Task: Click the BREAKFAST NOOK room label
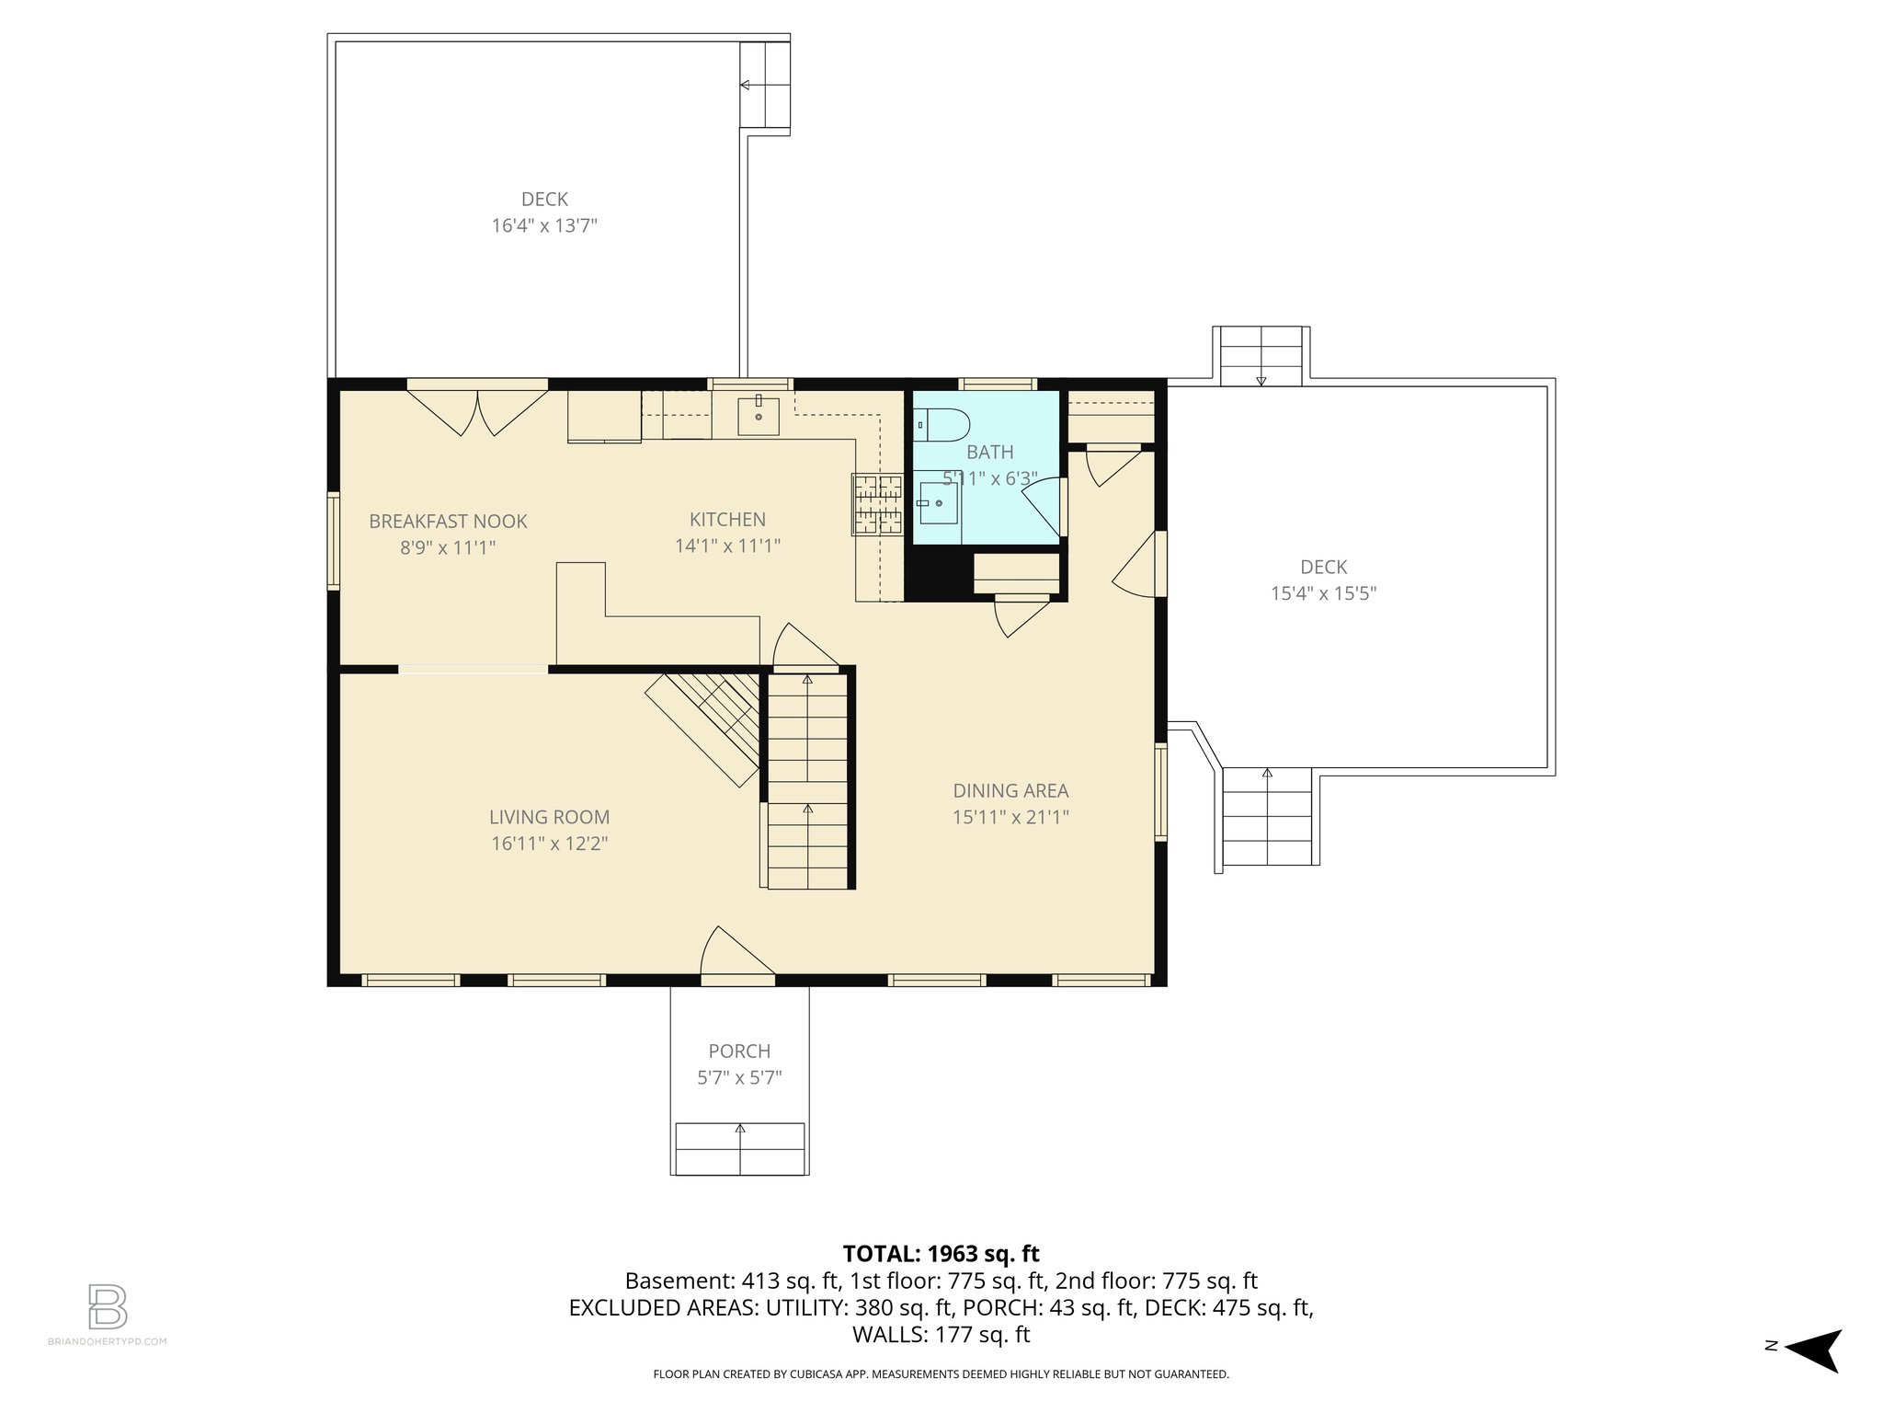pos(448,522)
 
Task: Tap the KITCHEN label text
pos(727,520)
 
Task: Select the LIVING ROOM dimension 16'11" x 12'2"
pos(549,844)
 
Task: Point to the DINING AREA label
pos(1010,790)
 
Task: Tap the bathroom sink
pos(938,503)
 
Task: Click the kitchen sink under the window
pos(759,417)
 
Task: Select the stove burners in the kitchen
pos(876,504)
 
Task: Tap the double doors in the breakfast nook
pos(478,411)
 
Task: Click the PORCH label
pos(739,1051)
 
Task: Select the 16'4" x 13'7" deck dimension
pos(544,225)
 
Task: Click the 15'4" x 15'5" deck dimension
pos(1323,593)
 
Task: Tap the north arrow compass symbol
pos(1811,1350)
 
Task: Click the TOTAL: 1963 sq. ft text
pos(941,1253)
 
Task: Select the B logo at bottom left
pos(108,1306)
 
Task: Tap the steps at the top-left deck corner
pos(765,86)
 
